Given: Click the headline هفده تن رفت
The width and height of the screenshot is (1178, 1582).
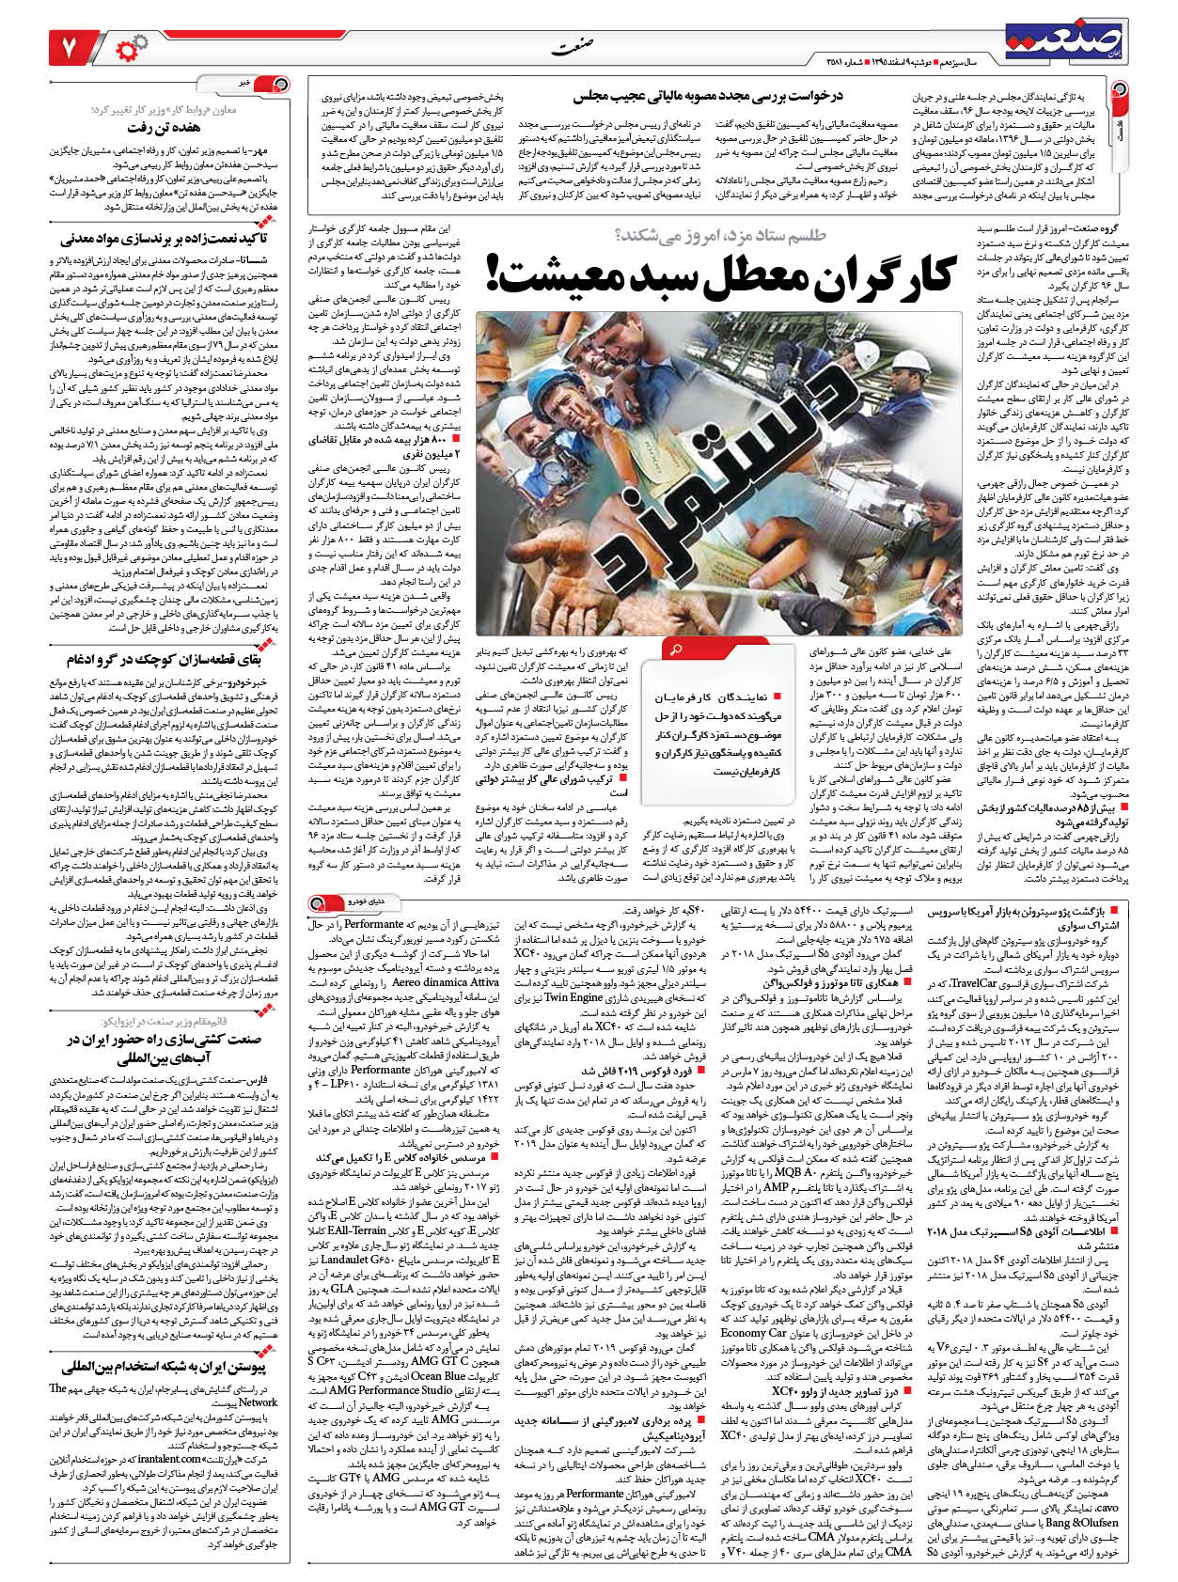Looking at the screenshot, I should [165, 127].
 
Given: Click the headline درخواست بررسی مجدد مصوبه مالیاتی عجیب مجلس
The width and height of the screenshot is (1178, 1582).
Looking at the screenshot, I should [709, 96].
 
